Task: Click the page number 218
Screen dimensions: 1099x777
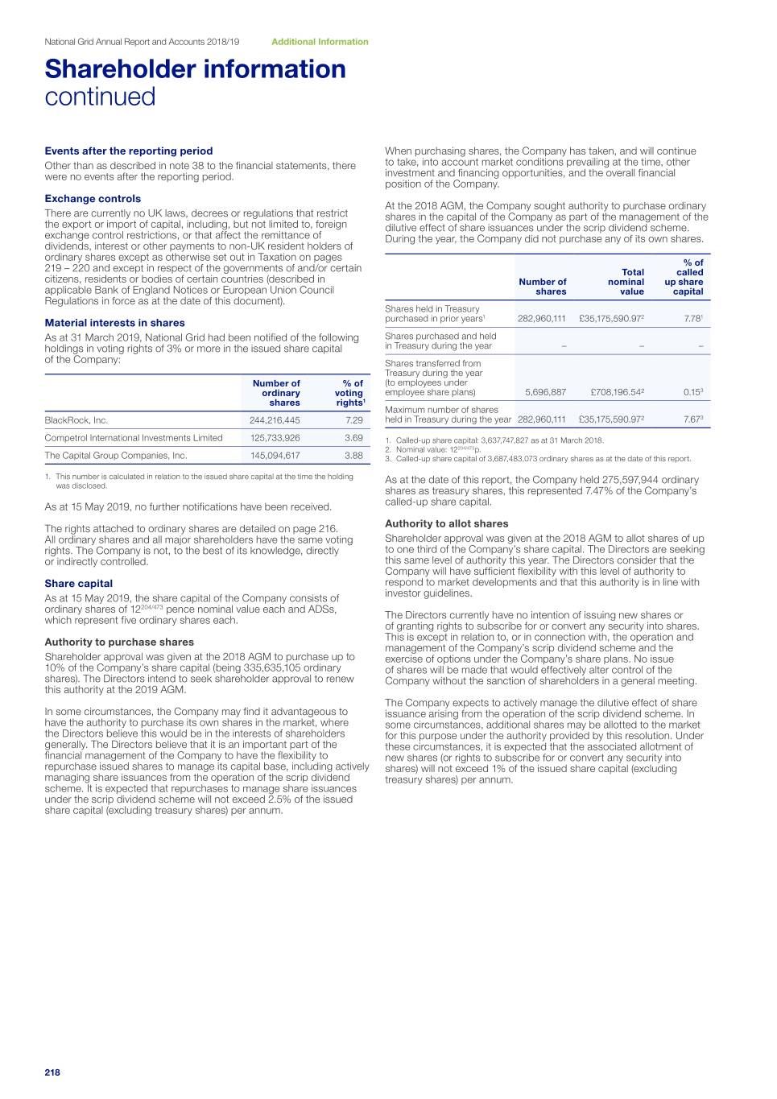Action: tap(52, 1072)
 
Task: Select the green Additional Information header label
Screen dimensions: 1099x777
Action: tap(320, 42)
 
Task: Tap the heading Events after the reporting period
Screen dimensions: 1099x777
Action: tap(129, 151)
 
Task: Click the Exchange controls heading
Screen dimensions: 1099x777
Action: tap(93, 199)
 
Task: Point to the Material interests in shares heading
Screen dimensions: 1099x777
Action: tap(114, 323)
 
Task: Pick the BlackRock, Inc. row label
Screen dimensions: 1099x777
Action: tap(76, 420)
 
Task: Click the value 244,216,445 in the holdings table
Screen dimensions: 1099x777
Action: tap(275, 420)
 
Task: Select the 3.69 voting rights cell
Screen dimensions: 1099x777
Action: tap(353, 438)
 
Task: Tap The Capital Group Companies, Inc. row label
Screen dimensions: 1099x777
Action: tap(116, 456)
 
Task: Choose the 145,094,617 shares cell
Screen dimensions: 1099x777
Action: tap(275, 456)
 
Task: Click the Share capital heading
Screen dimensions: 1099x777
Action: tap(79, 584)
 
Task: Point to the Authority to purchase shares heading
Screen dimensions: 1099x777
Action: tap(119, 642)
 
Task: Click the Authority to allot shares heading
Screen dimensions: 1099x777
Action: tap(447, 523)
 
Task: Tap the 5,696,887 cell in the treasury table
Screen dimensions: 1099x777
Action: tap(545, 393)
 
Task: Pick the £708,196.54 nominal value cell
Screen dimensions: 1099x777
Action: tap(616, 393)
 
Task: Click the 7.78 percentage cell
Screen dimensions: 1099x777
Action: tap(692, 319)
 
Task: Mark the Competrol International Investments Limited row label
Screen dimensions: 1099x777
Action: tap(134, 438)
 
